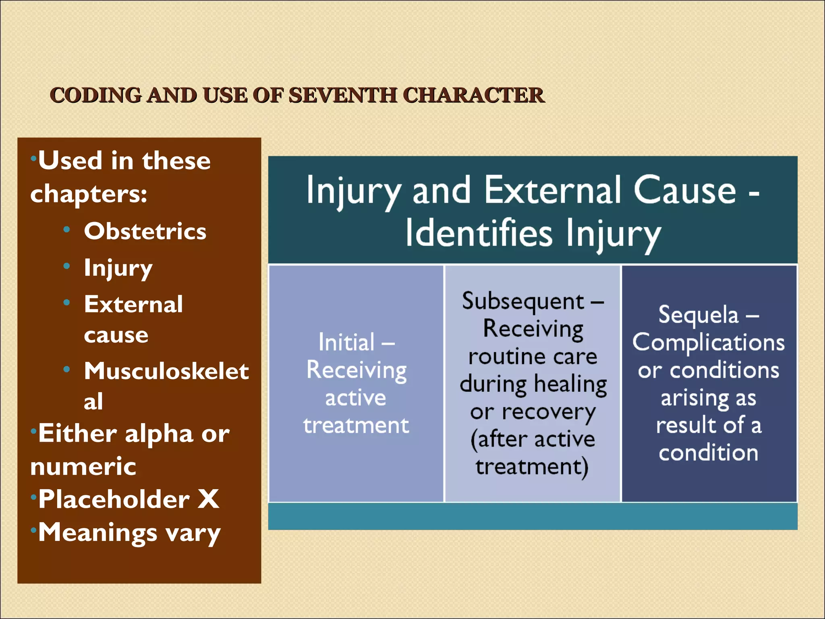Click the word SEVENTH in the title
342,96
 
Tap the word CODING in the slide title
95,96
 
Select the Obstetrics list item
145,231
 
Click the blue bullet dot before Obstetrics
67,230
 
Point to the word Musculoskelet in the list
166,371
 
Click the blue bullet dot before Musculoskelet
67,369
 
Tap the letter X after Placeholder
209,499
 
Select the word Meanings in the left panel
97,533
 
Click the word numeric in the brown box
83,467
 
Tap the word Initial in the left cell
346,343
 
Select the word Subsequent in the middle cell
523,301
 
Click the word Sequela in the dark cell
699,315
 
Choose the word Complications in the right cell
708,343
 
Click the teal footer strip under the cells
533,516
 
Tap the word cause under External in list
116,335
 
